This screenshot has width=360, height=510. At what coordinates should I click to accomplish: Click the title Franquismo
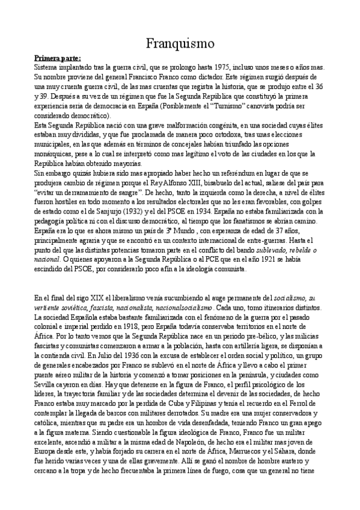180,43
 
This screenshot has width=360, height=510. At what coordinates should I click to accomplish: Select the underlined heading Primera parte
57,58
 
